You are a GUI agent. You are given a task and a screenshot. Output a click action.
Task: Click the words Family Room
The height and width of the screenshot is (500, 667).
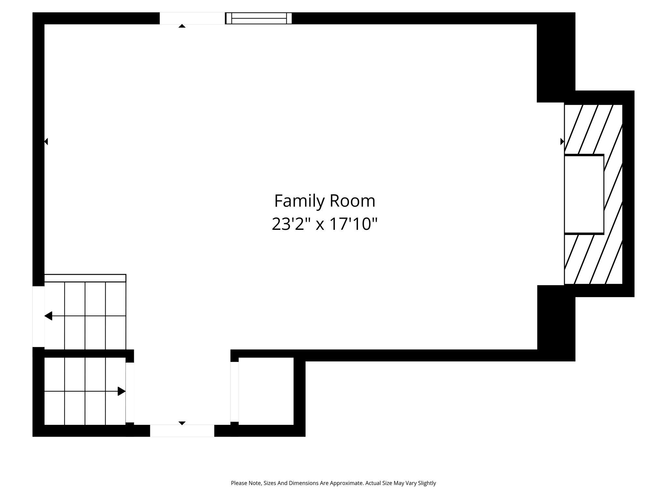[x=325, y=201]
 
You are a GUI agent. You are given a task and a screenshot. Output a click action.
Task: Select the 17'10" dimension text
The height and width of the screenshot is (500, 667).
[x=353, y=224]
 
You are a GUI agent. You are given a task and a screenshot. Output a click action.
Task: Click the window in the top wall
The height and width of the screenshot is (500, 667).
[x=259, y=18]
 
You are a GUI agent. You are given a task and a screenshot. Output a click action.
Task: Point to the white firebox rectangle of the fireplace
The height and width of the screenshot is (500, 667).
[x=584, y=194]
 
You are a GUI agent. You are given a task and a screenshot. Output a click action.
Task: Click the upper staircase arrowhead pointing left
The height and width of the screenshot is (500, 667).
[x=48, y=316]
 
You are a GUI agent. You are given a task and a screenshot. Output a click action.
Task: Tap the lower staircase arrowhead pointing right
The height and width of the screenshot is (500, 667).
[x=121, y=391]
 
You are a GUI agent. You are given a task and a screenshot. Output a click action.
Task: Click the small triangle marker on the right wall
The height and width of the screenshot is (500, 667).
[x=562, y=141]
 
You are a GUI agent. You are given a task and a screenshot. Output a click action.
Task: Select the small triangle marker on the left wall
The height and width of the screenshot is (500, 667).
[x=46, y=141]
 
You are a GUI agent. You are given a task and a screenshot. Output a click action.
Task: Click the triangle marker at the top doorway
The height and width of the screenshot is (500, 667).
[x=182, y=26]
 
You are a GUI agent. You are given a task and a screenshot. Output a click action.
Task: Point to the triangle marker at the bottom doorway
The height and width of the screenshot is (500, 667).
[x=182, y=423]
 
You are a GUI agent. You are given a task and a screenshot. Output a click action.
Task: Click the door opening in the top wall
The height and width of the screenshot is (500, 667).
[x=192, y=18]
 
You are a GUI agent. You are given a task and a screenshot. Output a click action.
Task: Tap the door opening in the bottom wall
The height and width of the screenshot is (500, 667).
[x=182, y=431]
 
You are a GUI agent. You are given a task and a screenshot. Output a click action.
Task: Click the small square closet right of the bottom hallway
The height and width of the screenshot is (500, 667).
[x=266, y=391]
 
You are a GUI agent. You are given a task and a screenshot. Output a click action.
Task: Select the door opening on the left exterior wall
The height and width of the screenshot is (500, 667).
[x=38, y=316]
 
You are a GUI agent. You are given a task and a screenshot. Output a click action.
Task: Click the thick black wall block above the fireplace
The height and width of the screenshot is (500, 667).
[x=556, y=57]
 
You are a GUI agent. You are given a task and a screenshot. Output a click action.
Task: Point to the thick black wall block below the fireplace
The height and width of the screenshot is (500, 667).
[x=556, y=323]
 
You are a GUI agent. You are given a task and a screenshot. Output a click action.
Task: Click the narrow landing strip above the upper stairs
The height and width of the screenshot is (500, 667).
[x=85, y=278]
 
